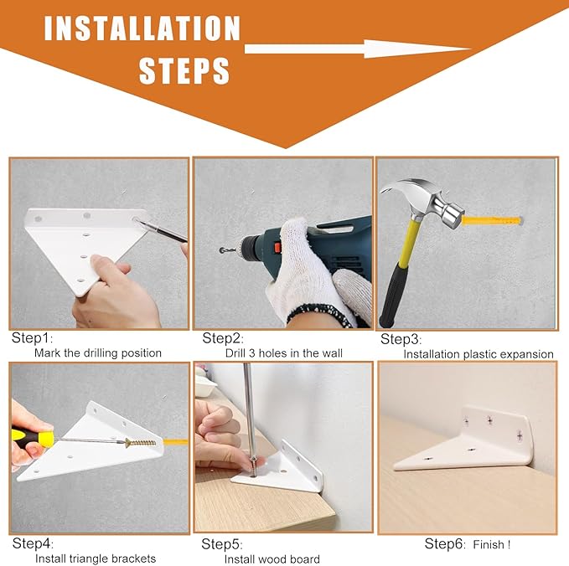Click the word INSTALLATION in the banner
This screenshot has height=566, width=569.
(142, 28)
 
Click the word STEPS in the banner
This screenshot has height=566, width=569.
(184, 71)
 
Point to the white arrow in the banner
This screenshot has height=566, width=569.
(358, 49)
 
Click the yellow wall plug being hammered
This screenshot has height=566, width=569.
(492, 220)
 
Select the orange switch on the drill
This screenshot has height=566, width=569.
(277, 248)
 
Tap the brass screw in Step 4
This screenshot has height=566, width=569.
(141, 443)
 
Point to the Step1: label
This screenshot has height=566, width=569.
(33, 338)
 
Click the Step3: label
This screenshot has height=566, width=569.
(401, 339)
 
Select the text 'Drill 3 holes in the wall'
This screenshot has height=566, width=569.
(284, 353)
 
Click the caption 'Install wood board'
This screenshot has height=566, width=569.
(272, 558)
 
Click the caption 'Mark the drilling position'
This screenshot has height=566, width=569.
(98, 352)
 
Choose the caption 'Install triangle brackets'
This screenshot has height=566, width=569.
(96, 558)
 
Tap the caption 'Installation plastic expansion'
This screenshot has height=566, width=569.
(478, 354)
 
